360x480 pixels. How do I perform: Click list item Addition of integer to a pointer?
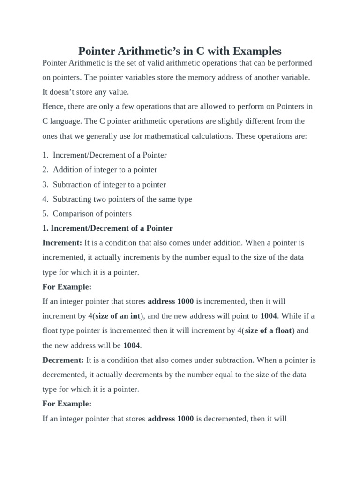pos(105,170)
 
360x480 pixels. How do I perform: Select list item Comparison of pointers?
pos(92,213)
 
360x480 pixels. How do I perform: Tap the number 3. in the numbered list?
pos(45,184)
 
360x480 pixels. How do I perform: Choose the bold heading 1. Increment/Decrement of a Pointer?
pos(107,228)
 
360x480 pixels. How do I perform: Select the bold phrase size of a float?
pos(269,330)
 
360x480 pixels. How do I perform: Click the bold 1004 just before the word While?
pos(269,316)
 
